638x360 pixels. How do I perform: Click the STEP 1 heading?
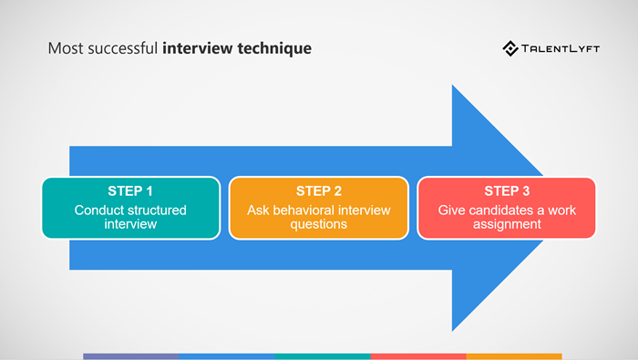130,190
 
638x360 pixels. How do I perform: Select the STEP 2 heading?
319,190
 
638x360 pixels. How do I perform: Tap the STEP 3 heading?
507,190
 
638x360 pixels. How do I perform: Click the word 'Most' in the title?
64,47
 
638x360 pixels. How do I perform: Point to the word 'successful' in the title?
120,47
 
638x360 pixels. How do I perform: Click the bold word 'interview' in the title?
195,47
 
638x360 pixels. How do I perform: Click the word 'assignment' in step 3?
507,224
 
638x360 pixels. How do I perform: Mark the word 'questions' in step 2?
319,224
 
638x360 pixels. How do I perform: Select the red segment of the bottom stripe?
418,356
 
